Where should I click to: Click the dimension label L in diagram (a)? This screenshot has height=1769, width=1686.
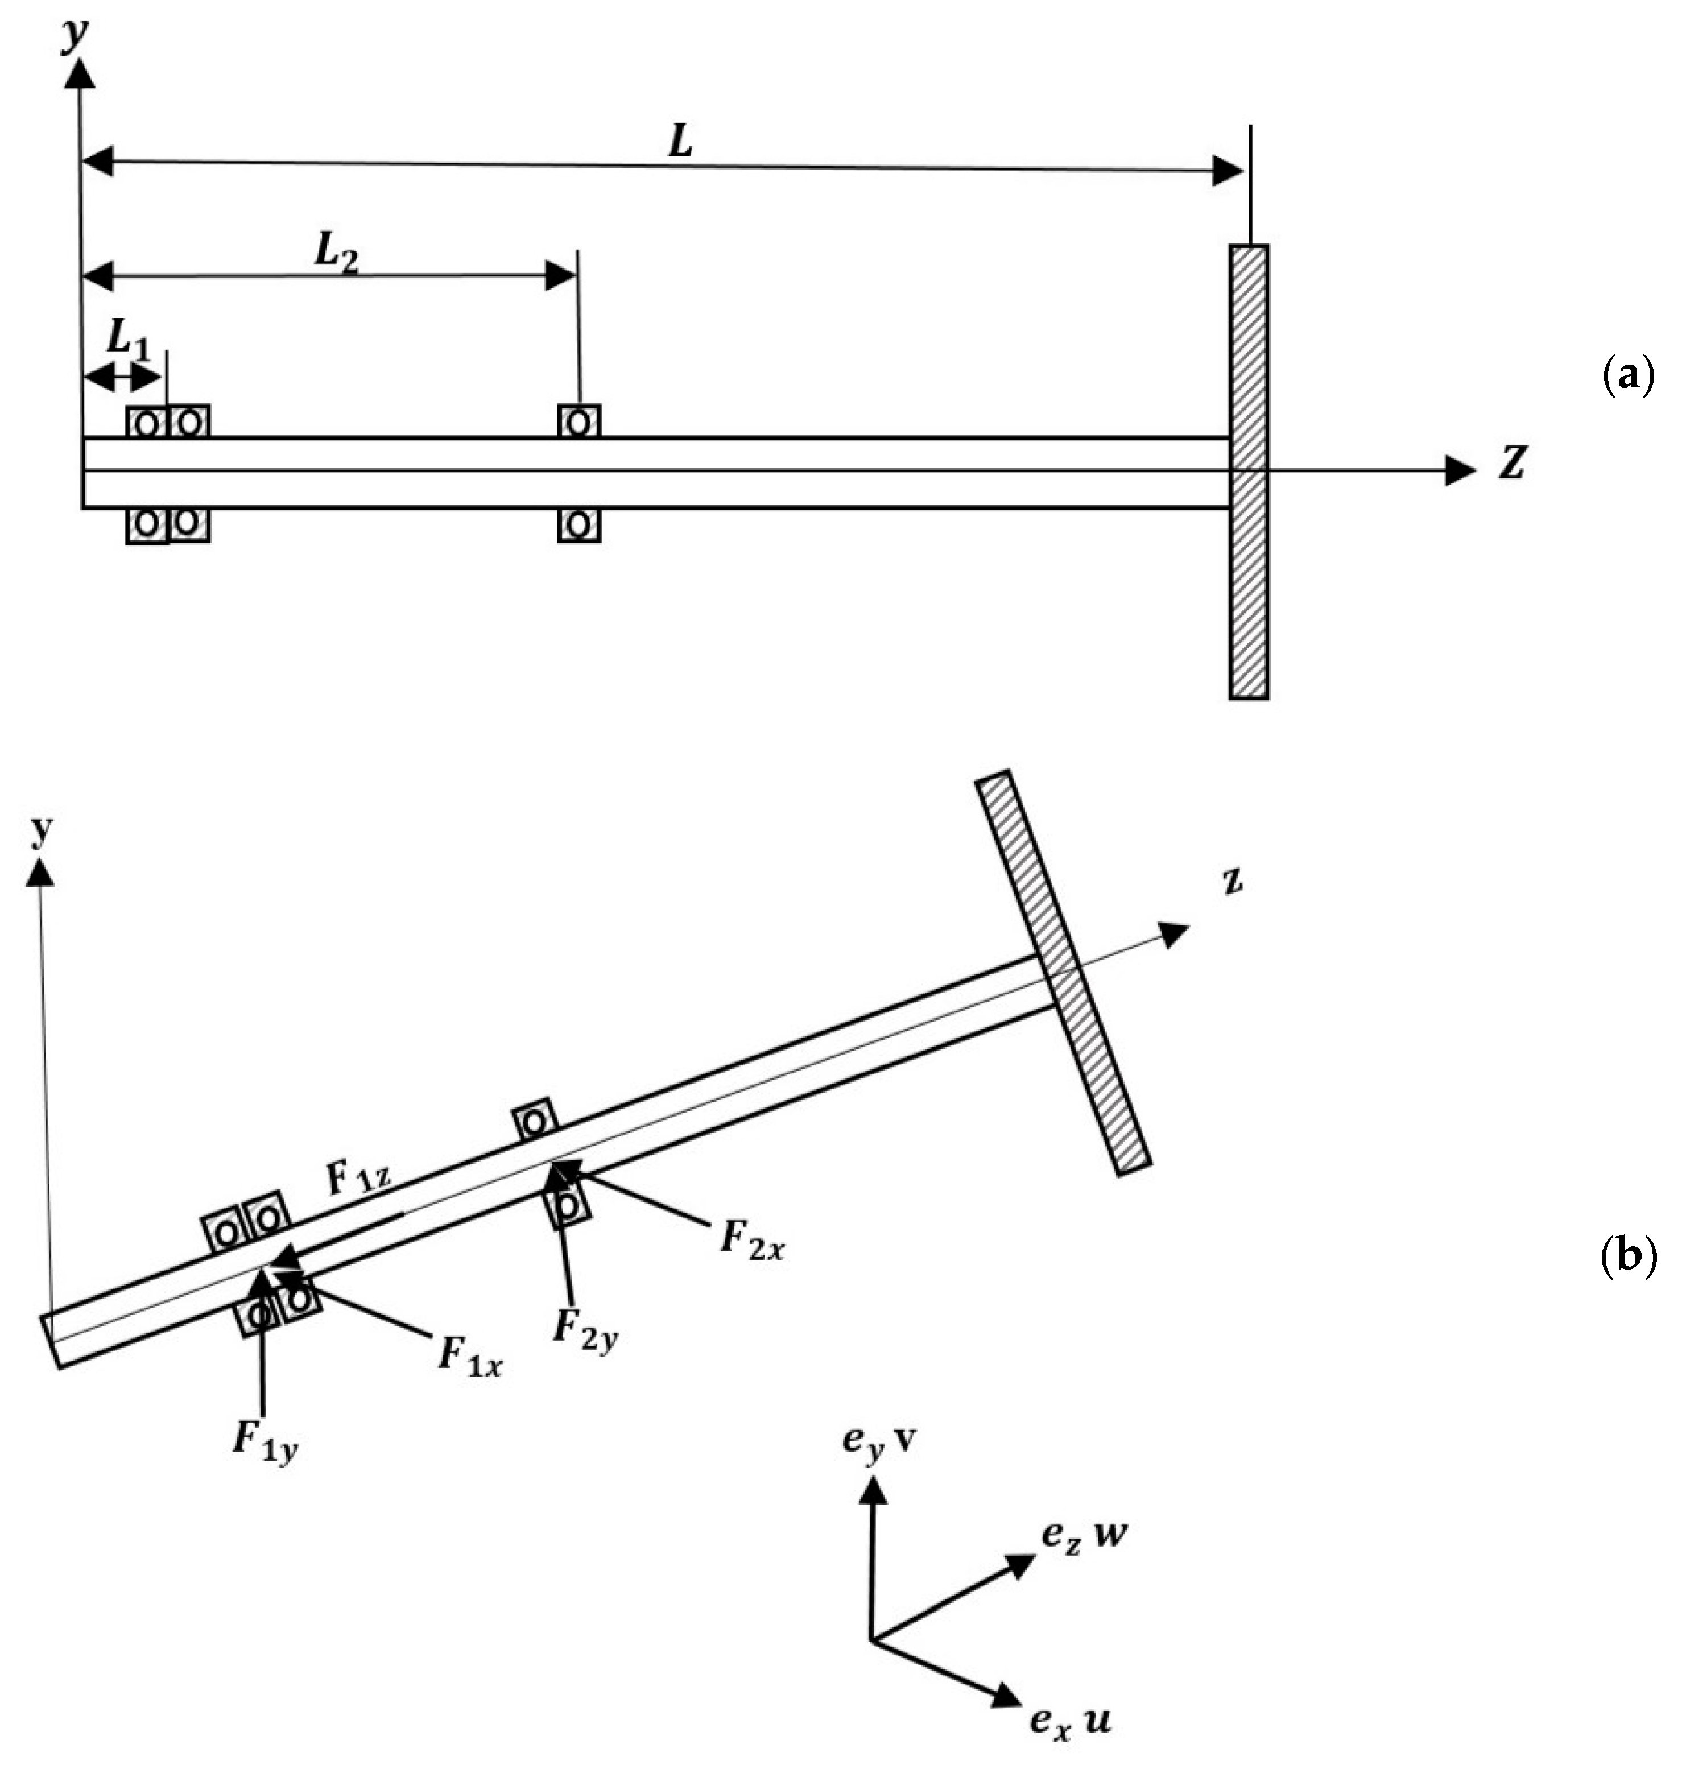pos(680,142)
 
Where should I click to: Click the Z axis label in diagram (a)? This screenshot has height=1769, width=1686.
pos(1511,463)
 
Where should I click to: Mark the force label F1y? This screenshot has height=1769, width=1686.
pos(265,1441)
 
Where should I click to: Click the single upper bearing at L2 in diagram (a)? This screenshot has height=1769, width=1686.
pos(578,421)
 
